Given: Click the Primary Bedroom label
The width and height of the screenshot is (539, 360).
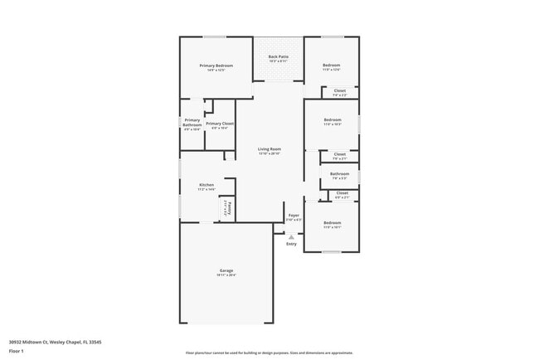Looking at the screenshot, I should (216, 66).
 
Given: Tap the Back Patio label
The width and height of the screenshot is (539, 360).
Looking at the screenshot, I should (278, 56).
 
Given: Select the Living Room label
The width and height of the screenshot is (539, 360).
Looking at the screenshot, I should (269, 149).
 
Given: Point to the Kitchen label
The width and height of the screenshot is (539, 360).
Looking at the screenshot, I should (206, 185).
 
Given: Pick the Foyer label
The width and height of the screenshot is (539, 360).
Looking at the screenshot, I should (294, 215).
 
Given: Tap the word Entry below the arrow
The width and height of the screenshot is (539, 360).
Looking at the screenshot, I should (291, 244).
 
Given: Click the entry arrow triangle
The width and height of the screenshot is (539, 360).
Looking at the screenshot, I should (291, 236).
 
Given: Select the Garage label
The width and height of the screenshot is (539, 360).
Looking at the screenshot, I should (226, 271).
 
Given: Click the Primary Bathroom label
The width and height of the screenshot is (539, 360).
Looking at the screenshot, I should (192, 123).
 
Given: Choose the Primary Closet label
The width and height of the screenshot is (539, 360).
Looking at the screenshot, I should (220, 124).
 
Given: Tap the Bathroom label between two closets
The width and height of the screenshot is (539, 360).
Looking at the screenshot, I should (339, 173).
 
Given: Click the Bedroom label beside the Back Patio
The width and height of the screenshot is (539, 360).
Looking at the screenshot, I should (331, 66).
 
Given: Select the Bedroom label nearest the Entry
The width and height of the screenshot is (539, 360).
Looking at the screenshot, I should (332, 222).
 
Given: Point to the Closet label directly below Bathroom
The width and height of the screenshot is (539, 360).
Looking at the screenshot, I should (342, 193).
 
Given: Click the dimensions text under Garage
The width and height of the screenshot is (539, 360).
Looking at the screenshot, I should (226, 276).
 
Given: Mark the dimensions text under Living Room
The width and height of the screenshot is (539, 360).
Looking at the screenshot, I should (269, 154).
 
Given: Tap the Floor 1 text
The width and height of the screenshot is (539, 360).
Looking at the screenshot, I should (17, 351).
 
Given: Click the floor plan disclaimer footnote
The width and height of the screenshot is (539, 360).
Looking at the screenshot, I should (269, 353).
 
